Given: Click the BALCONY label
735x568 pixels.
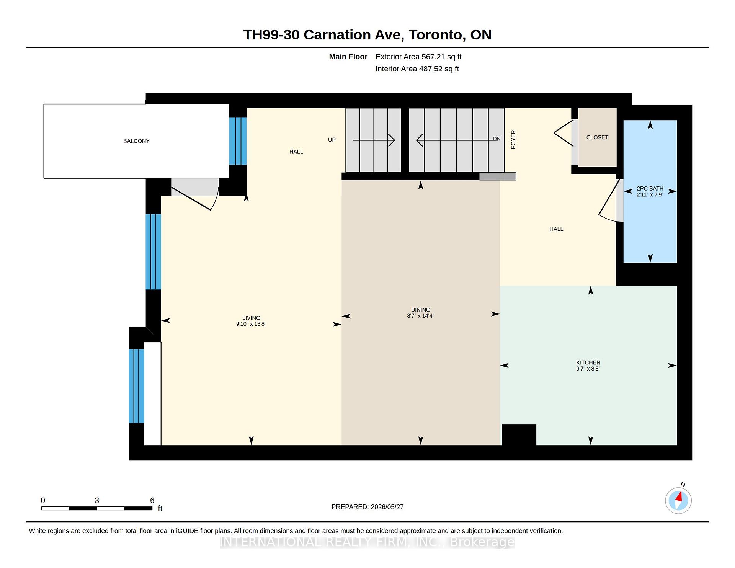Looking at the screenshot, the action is point(136,141).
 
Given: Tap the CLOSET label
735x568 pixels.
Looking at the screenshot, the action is point(597,137).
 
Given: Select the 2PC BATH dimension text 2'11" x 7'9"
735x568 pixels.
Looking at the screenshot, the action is point(650,194).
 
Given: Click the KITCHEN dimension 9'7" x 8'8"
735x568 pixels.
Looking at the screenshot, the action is point(588,369).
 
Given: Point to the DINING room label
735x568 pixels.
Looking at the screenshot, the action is point(421,310).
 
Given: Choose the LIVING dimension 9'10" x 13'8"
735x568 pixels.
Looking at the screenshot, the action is point(251,324).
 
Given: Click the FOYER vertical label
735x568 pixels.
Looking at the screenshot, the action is point(513,139).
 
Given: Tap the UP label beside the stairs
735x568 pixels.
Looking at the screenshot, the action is point(332,140).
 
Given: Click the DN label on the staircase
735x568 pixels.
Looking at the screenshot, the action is point(497,139).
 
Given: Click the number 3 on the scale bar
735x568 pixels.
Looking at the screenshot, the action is point(97,500).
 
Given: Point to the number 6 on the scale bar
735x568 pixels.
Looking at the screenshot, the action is point(152,500).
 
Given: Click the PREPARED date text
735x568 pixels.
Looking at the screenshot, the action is point(367,507).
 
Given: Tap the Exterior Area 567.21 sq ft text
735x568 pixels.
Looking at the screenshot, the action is point(418,57).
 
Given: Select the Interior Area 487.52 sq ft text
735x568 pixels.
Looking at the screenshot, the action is point(417,69).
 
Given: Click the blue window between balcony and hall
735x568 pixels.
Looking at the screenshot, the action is point(238,141).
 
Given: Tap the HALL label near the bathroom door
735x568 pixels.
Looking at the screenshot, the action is point(556,229).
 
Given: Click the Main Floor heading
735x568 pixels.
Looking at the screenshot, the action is point(348,57).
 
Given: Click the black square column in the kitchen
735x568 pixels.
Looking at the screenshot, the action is point(519,435).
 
